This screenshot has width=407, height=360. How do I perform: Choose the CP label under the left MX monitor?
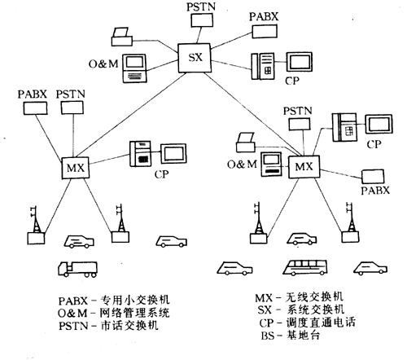click(x=164, y=173)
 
